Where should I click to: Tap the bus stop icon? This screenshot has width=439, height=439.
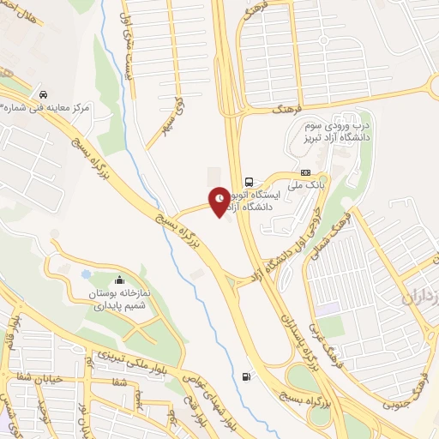pyautogui.click(x=249, y=182)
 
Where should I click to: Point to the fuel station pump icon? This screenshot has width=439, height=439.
pyautogui.click(x=249, y=375)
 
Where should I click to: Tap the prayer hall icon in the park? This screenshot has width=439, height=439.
pyautogui.click(x=118, y=280)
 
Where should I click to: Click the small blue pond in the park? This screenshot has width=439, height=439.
pyautogui.click(x=86, y=274)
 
